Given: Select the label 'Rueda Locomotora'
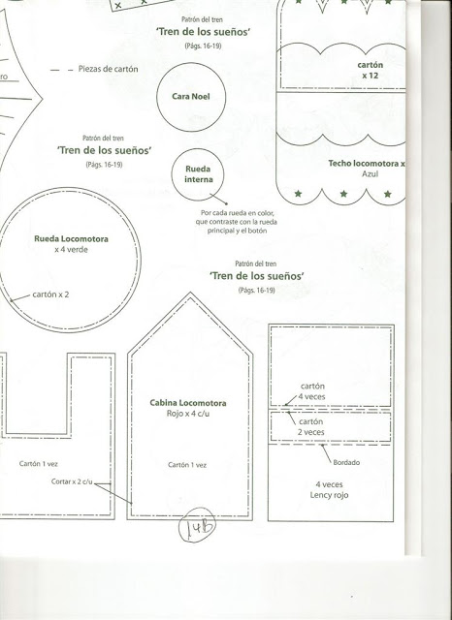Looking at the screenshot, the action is point(71,239).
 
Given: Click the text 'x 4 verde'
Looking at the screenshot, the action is point(71,250).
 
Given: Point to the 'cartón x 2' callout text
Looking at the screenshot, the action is point(50,294).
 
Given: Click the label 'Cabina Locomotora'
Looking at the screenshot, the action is point(188,403).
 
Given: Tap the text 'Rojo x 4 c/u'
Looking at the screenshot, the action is point(188,414).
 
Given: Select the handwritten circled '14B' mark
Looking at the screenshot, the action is point(197,524).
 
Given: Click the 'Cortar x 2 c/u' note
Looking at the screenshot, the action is point(72,481).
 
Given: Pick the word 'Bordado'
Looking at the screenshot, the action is point(346,462).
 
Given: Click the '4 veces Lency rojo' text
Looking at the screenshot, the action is point(330,490).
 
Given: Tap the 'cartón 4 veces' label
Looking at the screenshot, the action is point(312,391).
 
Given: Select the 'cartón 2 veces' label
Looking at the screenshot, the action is point(311,427).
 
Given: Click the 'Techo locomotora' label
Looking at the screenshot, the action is point(364,164).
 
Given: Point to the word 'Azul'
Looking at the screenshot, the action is point(371,174).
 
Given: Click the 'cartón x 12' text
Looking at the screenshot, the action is point(371,70).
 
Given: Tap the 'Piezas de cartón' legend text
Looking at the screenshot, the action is point(108,69).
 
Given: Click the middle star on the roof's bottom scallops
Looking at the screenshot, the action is point(343,194).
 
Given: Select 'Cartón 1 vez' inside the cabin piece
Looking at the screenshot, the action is point(187,465).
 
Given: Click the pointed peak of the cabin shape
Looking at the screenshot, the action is point(190,293).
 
